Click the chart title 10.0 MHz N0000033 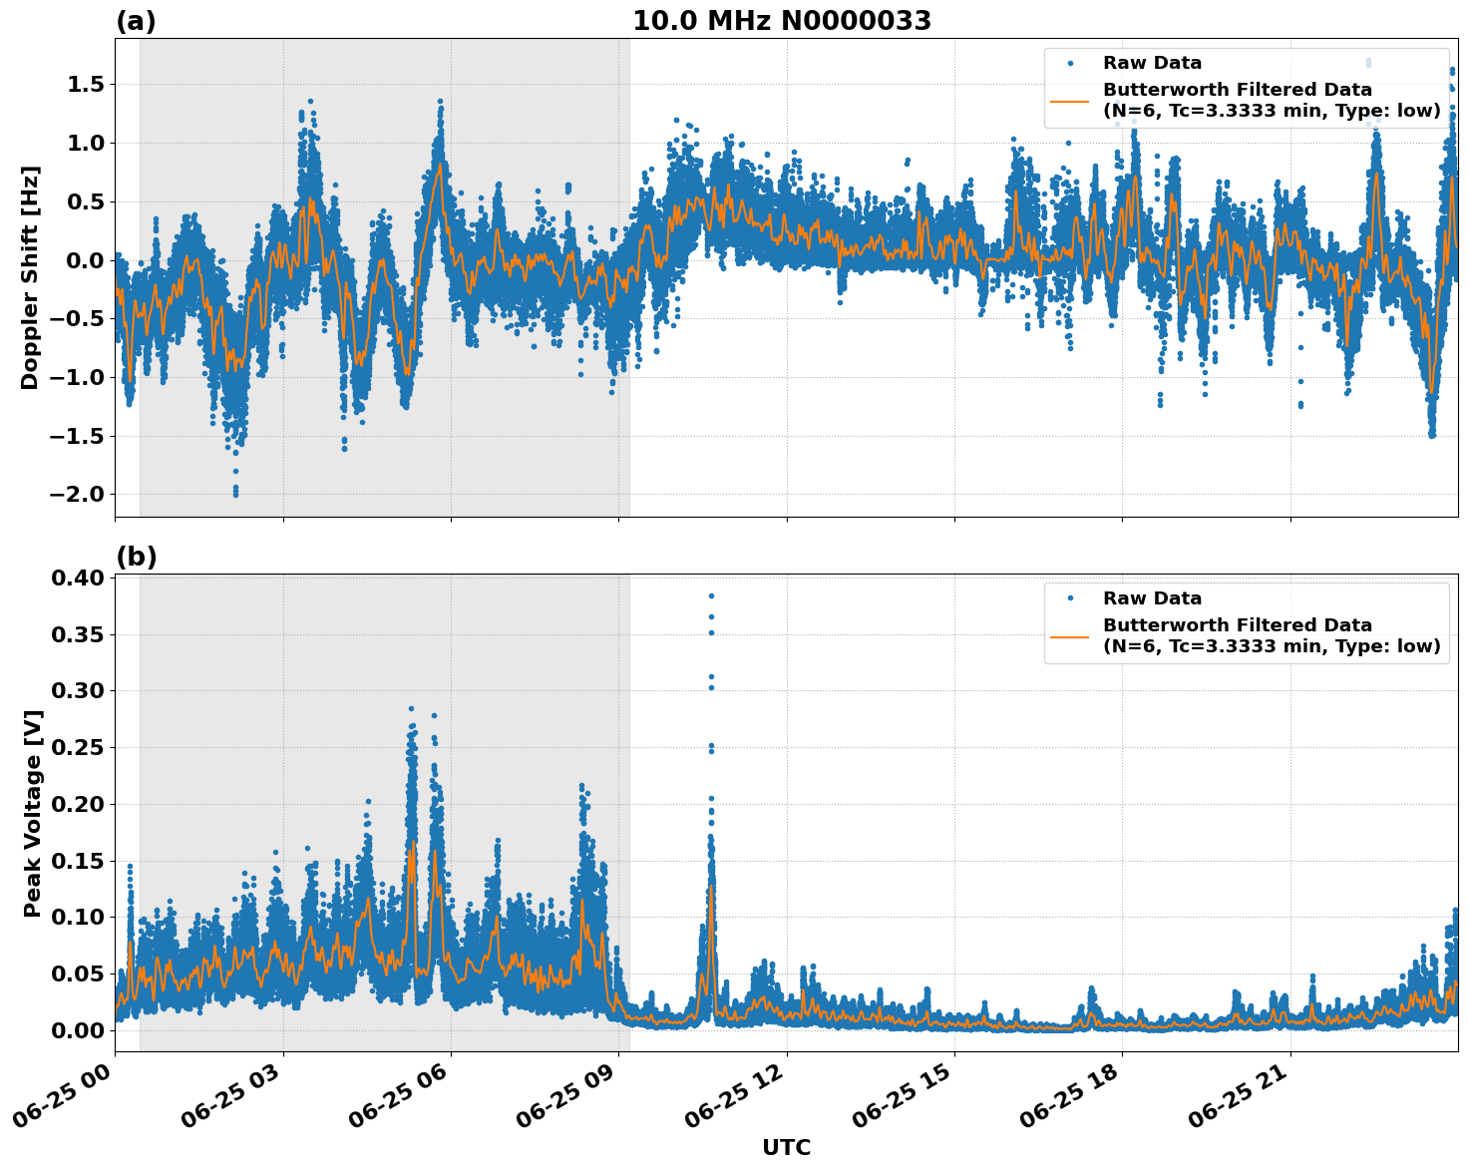click(x=782, y=21)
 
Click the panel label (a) click(x=136, y=21)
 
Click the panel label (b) click(x=136, y=557)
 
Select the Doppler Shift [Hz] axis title click(x=30, y=277)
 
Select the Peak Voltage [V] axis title click(x=33, y=813)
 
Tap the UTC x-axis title click(x=786, y=1147)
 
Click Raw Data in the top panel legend click(x=1152, y=63)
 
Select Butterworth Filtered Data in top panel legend click(x=1237, y=90)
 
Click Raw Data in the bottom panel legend click(x=1152, y=598)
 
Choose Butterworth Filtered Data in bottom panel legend click(x=1237, y=625)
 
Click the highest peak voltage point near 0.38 click(x=711, y=595)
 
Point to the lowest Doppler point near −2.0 click(x=235, y=494)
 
